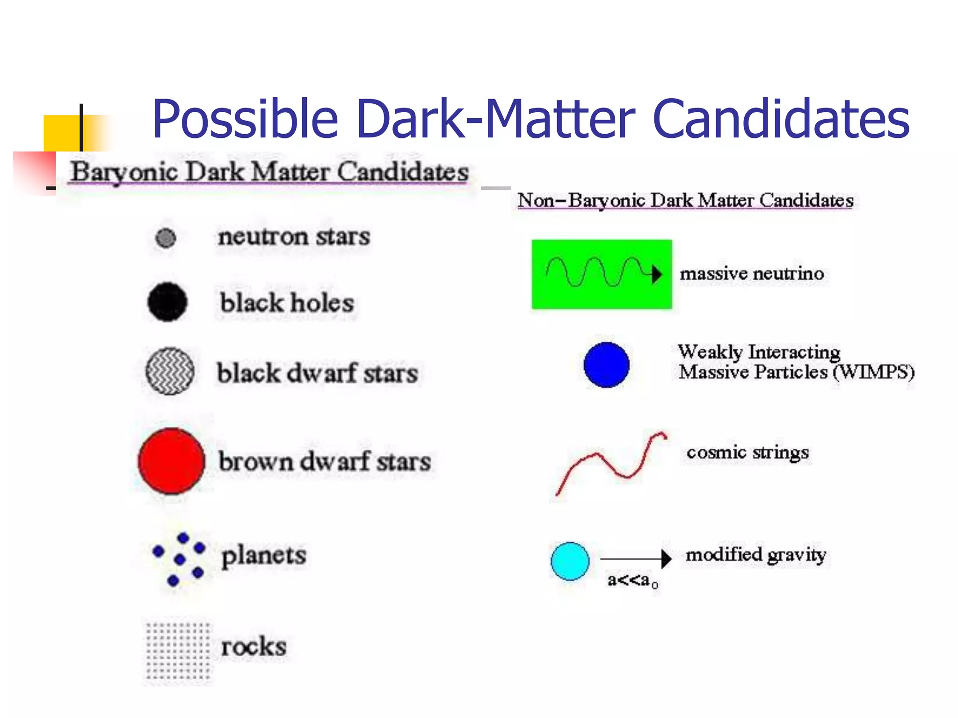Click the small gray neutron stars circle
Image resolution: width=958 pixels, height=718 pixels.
pyautogui.click(x=166, y=238)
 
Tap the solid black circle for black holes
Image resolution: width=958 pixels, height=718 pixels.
pyautogui.click(x=167, y=302)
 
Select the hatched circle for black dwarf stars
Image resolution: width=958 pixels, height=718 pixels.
pyautogui.click(x=170, y=371)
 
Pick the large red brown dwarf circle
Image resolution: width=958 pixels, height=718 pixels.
pyautogui.click(x=172, y=461)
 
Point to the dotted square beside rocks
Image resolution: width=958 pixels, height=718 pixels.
pyautogui.click(x=178, y=650)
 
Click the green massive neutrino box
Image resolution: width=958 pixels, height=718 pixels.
pyautogui.click(x=602, y=274)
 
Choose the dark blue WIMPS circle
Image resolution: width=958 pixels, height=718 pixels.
pyautogui.click(x=606, y=365)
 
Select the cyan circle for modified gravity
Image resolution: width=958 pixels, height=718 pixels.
pyautogui.click(x=570, y=561)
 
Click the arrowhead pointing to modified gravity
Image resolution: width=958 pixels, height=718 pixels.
pyautogui.click(x=666, y=558)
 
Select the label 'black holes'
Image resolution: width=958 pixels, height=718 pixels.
pyautogui.click(x=287, y=303)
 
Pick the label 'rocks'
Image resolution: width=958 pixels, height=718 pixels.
pyautogui.click(x=254, y=647)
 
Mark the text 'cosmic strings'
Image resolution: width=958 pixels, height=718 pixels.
pyautogui.click(x=748, y=452)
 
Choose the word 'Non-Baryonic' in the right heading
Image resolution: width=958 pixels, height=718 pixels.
pyautogui.click(x=581, y=201)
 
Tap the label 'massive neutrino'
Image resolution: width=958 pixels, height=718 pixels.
pyautogui.click(x=752, y=273)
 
